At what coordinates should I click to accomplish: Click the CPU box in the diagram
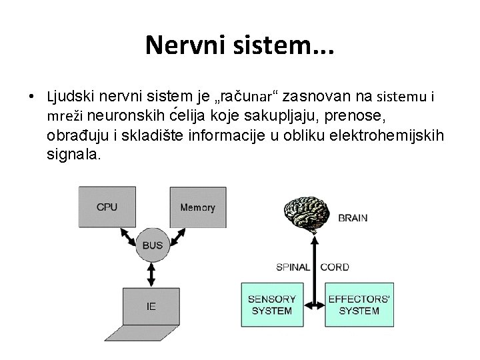point(107,207)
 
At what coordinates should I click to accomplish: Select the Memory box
point(197,207)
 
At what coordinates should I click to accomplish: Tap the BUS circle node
point(152,245)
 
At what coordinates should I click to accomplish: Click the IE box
point(151,306)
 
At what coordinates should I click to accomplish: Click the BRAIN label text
point(353,218)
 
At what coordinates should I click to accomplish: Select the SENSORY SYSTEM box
point(269,305)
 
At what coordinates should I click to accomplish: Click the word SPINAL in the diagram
point(293,267)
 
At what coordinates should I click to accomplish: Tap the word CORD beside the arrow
point(335,267)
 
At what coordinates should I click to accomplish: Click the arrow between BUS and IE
point(152,273)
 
